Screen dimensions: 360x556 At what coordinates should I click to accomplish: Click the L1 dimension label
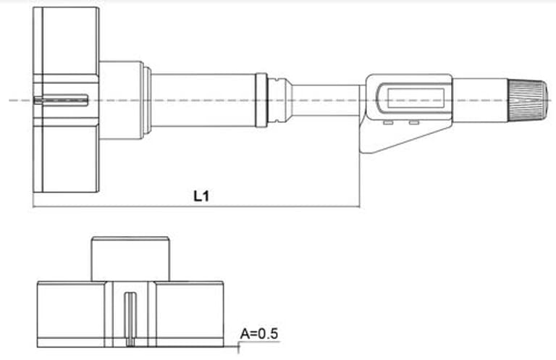201,196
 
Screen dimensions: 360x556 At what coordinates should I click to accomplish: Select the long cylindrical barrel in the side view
203,99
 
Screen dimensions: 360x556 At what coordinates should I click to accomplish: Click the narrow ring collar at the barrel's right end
261,99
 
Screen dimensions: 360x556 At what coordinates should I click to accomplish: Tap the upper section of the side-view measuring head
66,40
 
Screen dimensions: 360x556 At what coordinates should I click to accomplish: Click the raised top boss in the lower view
130,259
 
